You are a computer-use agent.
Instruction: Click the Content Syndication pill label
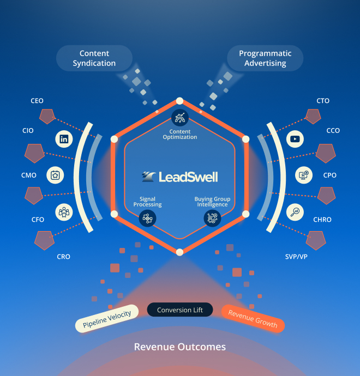coord(94,58)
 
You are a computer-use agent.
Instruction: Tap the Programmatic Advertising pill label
coord(265,58)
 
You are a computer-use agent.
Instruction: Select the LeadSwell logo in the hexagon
coord(179,177)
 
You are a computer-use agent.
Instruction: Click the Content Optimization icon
coord(179,117)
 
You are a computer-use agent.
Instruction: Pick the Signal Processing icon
coord(148,218)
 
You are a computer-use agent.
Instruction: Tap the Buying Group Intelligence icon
coord(212,218)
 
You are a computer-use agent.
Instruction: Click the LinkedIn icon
coord(64,139)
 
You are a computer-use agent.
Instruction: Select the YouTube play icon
coord(295,139)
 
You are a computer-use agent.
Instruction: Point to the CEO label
coord(37,101)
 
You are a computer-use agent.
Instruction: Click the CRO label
coord(64,257)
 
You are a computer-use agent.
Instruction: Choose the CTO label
coord(323,101)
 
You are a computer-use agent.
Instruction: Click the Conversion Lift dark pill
coord(179,310)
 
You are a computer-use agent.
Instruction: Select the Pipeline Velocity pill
coord(107,318)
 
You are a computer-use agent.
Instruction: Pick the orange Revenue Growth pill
coord(253,318)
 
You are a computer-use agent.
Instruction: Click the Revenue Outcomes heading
coord(179,347)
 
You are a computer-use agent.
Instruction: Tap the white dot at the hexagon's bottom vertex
coord(179,252)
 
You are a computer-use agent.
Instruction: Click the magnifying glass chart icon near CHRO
coord(295,211)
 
